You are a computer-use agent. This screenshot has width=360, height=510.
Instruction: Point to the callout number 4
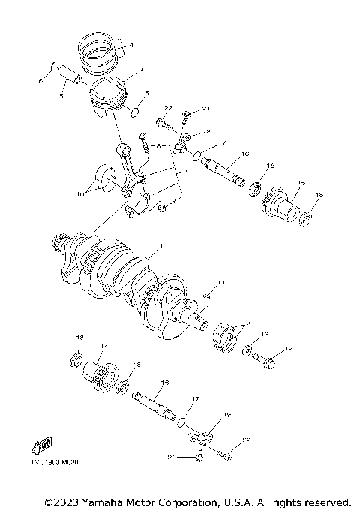pos(131,46)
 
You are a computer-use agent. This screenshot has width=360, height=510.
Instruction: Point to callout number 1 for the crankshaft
pos(158,246)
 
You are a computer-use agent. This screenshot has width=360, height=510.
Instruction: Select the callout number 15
pos(300,182)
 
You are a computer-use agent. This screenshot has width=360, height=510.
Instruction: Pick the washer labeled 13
pos(246,349)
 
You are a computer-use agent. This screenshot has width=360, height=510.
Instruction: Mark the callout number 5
pos(62,96)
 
